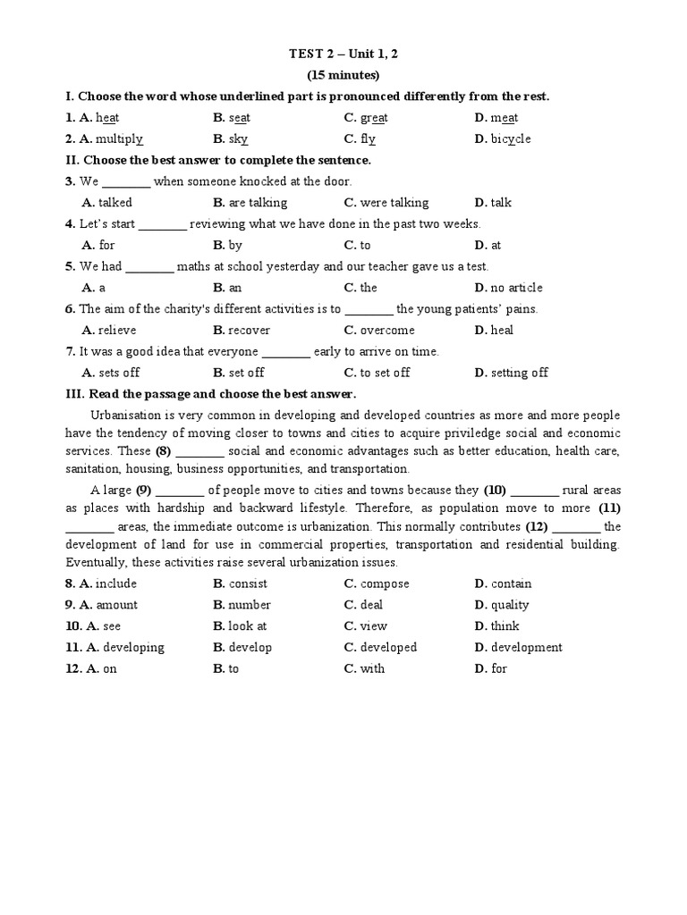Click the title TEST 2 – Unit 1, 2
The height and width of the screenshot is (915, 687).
point(343,54)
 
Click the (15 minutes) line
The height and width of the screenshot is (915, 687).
point(343,75)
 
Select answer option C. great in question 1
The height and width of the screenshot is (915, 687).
point(366,118)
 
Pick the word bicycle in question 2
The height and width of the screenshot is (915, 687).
point(511,139)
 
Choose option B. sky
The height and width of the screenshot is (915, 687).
point(231,139)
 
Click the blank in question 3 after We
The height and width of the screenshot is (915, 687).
point(127,181)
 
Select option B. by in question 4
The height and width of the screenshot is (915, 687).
point(228,245)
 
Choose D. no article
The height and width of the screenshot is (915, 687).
point(508,288)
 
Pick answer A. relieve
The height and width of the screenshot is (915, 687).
point(109,331)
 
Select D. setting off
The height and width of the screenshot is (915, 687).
point(512,373)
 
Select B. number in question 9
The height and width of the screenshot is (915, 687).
point(242,605)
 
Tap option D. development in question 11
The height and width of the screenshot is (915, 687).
point(519,648)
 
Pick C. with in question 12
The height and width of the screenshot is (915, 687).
point(364,669)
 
